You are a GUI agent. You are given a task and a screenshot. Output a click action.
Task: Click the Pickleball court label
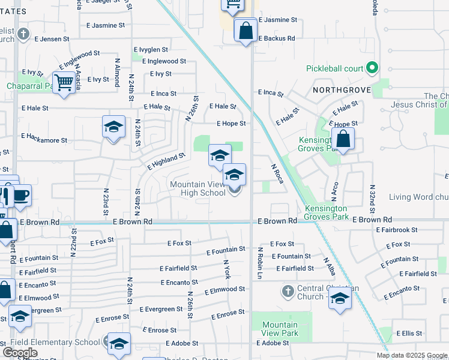pos(334,68)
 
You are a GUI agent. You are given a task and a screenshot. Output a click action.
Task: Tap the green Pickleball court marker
pos(372,68)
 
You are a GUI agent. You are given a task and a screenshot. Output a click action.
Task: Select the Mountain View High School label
pos(197,189)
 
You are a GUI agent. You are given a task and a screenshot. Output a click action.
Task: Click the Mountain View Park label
pos(280,329)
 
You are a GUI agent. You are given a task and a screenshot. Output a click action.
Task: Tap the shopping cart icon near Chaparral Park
pos(63,82)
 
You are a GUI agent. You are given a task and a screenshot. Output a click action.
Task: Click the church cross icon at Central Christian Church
pos(288,292)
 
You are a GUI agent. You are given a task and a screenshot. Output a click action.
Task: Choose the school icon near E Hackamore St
pos(113,127)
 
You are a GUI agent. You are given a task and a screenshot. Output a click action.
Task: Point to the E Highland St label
pos(166,161)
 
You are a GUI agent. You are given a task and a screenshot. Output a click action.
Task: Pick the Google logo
pos(20,352)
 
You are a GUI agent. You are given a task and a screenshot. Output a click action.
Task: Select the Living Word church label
pos(418,197)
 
